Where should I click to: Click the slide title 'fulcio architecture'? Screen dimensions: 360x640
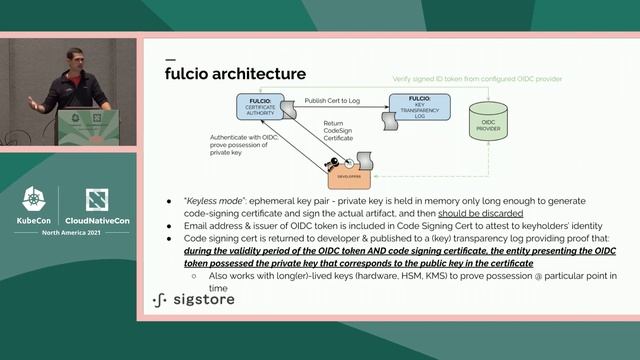[x=235, y=74]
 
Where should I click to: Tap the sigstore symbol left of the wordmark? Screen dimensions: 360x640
[x=159, y=299]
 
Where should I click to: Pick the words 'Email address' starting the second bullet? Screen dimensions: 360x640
[x=204, y=225]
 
